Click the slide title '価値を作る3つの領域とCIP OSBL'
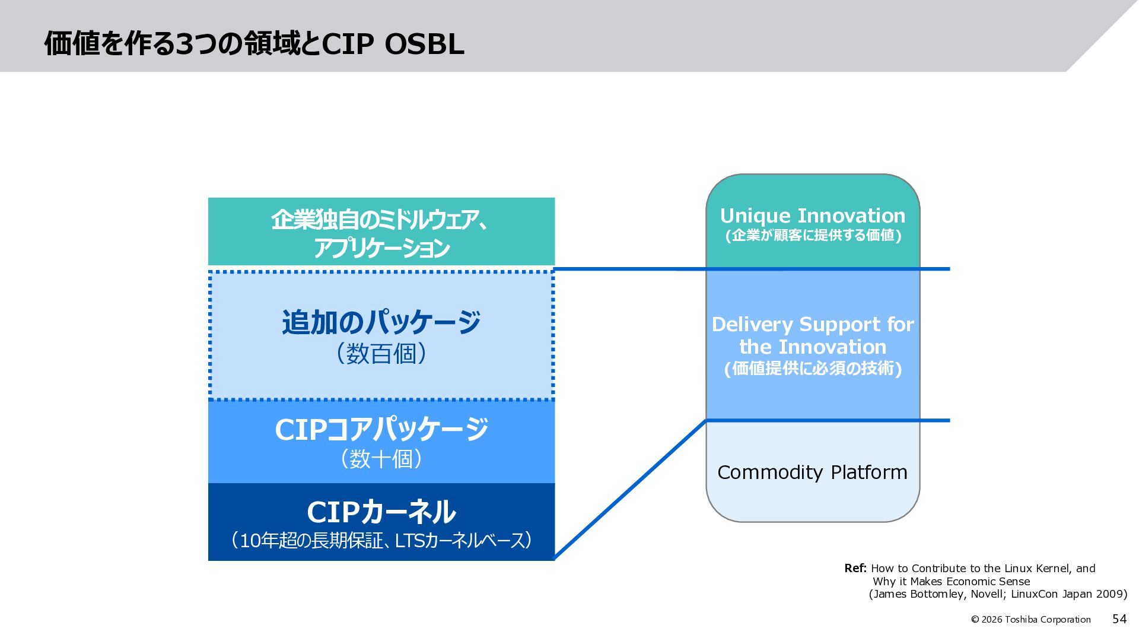tap(254, 43)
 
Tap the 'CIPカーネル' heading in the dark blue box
tap(381, 512)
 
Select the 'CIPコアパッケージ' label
tap(381, 430)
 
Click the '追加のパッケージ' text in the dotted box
tap(381, 322)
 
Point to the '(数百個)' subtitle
tap(381, 354)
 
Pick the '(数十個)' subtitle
tap(381, 459)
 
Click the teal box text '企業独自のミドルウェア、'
tap(381, 220)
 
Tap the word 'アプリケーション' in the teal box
tap(381, 248)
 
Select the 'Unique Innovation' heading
tap(813, 215)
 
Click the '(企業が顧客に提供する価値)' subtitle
tap(813, 236)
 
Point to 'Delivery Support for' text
tap(813, 325)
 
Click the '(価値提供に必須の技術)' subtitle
tap(813, 369)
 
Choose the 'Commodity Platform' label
tap(812, 472)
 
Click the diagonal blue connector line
tap(630, 489)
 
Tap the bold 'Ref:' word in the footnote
tap(855, 569)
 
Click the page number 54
tap(1119, 619)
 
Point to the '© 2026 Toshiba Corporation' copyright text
tap(1030, 620)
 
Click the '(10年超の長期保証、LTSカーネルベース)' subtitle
tap(381, 541)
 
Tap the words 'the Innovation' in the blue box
tap(813, 347)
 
